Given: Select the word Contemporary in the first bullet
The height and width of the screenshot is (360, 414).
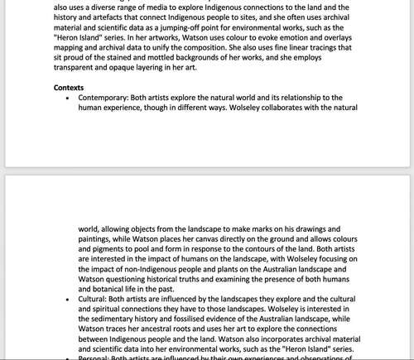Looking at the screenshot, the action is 103,97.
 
